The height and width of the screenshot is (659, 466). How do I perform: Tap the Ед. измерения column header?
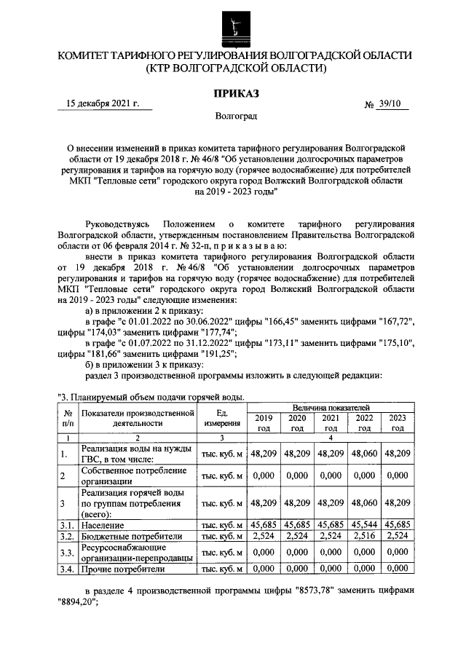tap(221, 417)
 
